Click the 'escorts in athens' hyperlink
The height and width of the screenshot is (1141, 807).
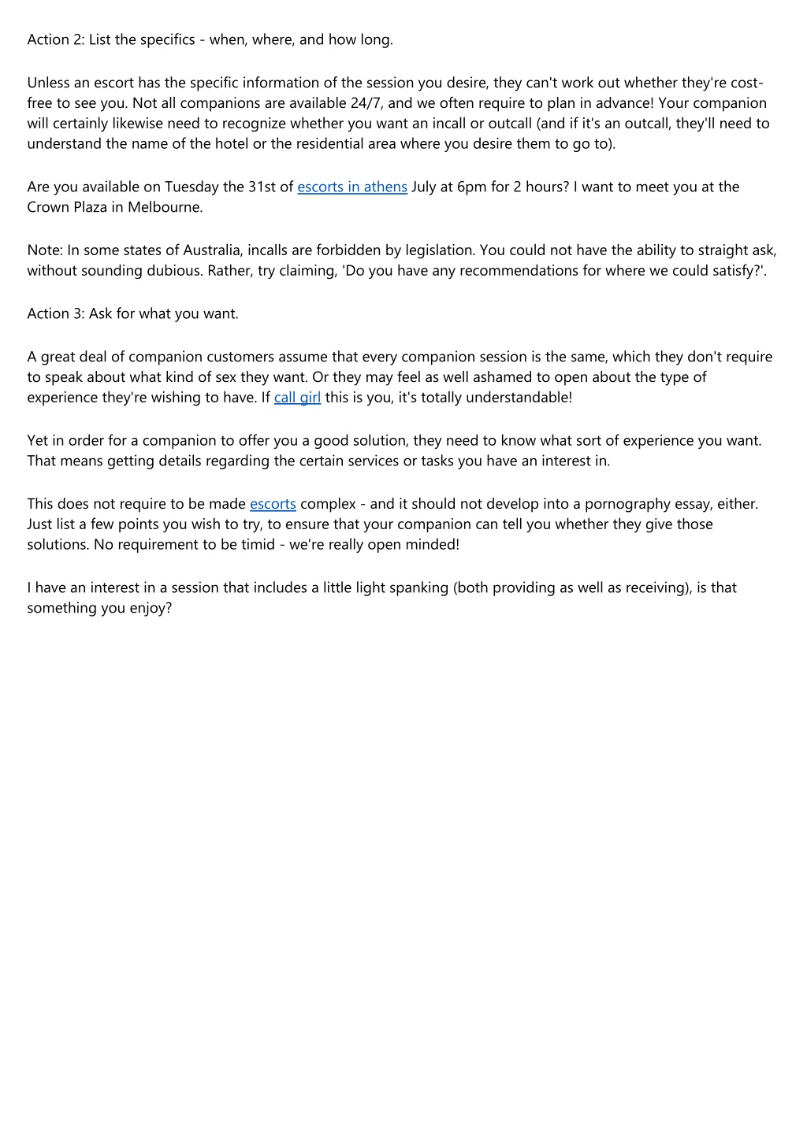tap(351, 187)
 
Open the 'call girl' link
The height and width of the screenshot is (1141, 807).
tap(297, 398)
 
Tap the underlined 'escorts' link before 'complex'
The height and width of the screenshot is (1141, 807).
tap(273, 504)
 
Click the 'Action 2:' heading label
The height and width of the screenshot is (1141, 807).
tap(55, 40)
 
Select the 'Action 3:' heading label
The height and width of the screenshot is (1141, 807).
tap(55, 314)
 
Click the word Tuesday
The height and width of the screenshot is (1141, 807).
tap(192, 187)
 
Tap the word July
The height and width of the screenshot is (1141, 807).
tap(426, 187)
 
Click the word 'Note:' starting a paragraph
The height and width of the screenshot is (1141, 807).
tap(45, 250)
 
